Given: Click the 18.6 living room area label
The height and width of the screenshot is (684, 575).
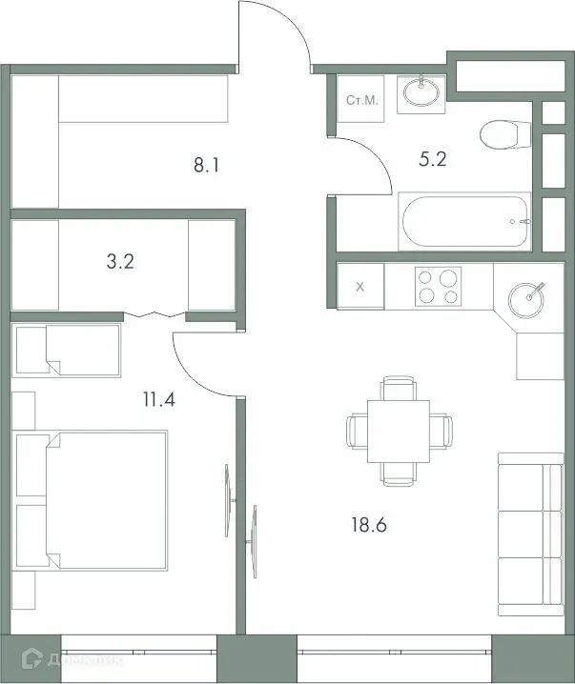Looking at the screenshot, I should (x=373, y=524).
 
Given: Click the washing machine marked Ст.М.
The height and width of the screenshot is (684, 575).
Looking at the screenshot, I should (x=360, y=99).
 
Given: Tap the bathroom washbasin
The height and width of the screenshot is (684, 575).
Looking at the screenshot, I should (x=421, y=92).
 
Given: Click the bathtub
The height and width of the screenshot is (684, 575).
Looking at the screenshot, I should (x=464, y=222).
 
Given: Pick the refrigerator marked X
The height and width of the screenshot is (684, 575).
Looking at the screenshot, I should (x=359, y=286).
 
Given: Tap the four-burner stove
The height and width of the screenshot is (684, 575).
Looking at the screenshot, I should (x=438, y=286).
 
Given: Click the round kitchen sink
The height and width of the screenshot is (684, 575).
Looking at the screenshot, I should (x=527, y=298).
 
